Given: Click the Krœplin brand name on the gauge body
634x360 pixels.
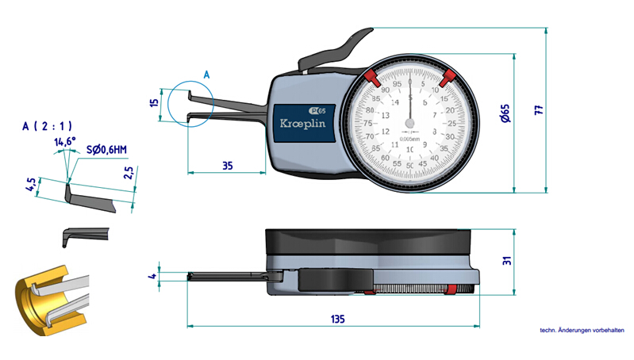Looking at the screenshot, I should [300, 124].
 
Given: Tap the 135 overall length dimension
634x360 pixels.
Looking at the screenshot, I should [336, 320].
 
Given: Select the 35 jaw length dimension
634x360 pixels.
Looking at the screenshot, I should [227, 167].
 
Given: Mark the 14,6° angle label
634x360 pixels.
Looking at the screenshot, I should [64, 142].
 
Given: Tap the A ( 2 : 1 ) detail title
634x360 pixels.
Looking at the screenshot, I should [48, 125].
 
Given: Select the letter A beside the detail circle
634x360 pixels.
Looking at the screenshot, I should [206, 74].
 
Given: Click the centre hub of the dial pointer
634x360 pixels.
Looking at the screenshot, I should [409, 123].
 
